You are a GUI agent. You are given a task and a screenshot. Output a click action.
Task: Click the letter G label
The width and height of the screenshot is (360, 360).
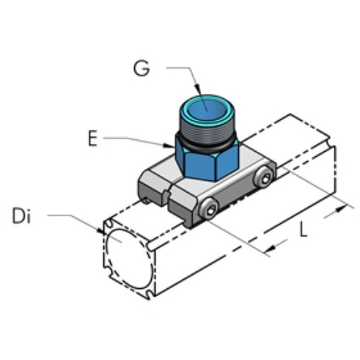pyautogui.click(x=141, y=67)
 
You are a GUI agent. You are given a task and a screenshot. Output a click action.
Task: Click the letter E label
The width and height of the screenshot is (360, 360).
pyautogui.click(x=92, y=138)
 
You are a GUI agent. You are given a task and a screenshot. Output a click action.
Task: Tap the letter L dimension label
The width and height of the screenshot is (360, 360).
pyautogui.click(x=303, y=231)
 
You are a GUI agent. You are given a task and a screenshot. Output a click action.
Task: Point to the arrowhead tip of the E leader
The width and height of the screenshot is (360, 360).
pyautogui.click(x=176, y=147)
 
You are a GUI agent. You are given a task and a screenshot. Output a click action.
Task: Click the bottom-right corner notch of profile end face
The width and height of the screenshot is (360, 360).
pyautogui.click(x=151, y=293)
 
